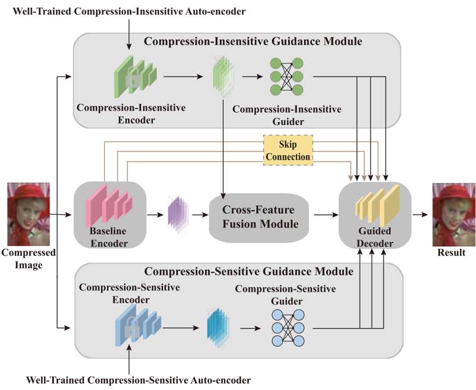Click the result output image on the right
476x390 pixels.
tap(451, 214)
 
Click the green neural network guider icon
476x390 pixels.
tap(286, 77)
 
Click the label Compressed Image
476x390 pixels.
tap(28, 259)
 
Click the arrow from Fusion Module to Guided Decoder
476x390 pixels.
tap(324, 216)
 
